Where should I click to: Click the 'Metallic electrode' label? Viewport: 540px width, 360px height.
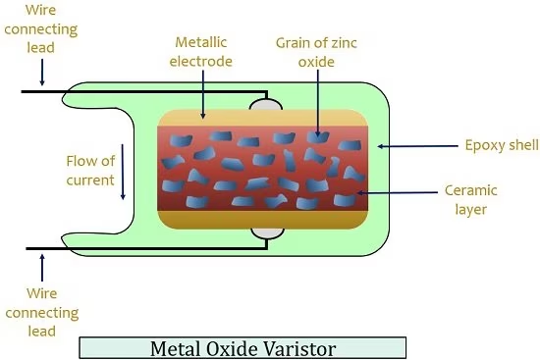click(200, 52)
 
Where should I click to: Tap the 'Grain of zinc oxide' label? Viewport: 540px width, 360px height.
click(316, 52)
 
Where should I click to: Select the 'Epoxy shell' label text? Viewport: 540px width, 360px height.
click(502, 145)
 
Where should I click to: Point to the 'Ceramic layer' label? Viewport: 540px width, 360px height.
click(470, 199)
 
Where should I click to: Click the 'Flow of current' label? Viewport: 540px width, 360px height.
click(90, 171)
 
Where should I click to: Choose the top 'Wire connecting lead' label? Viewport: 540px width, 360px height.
click(40, 28)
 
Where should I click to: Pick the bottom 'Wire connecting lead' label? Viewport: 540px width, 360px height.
click(41, 312)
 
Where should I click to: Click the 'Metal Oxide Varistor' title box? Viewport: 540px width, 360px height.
click(243, 348)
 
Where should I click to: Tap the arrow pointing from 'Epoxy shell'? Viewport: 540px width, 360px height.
click(417, 146)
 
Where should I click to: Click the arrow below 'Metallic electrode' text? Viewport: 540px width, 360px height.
click(203, 94)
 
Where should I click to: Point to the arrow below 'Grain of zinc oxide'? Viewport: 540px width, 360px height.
click(317, 103)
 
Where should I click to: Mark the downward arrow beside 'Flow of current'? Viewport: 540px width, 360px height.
click(123, 172)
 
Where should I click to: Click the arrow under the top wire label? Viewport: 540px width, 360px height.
click(42, 73)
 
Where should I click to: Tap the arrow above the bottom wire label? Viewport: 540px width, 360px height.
click(42, 268)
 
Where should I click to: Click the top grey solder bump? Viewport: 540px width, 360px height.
click(266, 105)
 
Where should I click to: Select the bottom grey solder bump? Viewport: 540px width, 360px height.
click(267, 233)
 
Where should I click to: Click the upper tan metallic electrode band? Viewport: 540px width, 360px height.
click(263, 119)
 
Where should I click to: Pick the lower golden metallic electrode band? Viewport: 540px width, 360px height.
click(263, 220)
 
